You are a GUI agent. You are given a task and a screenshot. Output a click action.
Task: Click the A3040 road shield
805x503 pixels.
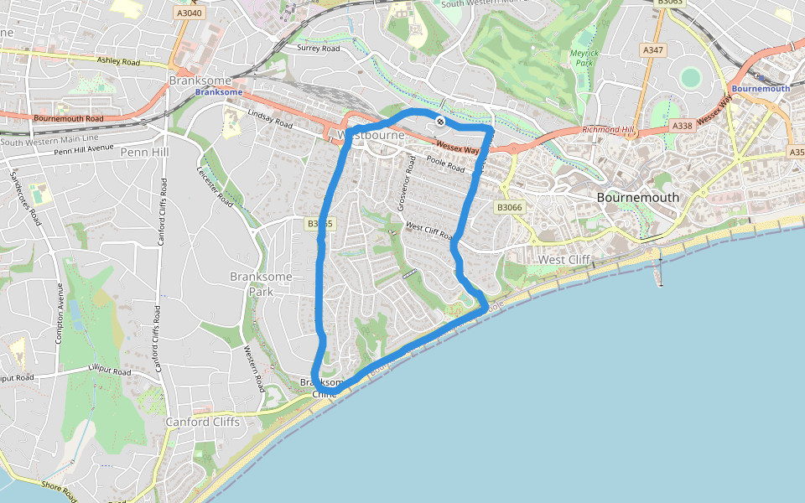pos(190,13)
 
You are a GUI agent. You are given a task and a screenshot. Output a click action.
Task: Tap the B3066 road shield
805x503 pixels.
pos(509,207)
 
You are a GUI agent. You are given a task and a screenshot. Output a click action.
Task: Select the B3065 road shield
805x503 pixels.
pos(319,224)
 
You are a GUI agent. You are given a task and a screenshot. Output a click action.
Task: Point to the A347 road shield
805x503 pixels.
pos(652,51)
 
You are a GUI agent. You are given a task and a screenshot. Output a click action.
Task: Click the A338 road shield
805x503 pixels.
pos(682,126)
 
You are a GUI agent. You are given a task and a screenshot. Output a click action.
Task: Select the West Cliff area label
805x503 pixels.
pos(564,260)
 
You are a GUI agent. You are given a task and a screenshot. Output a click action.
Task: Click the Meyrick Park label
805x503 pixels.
pos(582,57)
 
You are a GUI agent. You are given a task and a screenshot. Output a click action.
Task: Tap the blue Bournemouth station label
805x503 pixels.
pos(761,88)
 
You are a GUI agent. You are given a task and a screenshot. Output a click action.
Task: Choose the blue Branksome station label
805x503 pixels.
pos(218,92)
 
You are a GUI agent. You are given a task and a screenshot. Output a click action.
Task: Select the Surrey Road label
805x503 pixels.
pos(319,49)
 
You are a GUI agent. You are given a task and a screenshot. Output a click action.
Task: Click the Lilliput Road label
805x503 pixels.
pos(110,371)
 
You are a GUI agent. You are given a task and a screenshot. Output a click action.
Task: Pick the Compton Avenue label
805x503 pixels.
pos(60,310)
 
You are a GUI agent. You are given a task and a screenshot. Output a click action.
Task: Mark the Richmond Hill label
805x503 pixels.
pos(608,131)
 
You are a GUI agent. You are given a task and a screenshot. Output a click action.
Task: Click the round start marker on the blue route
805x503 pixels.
pos(440,122)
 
